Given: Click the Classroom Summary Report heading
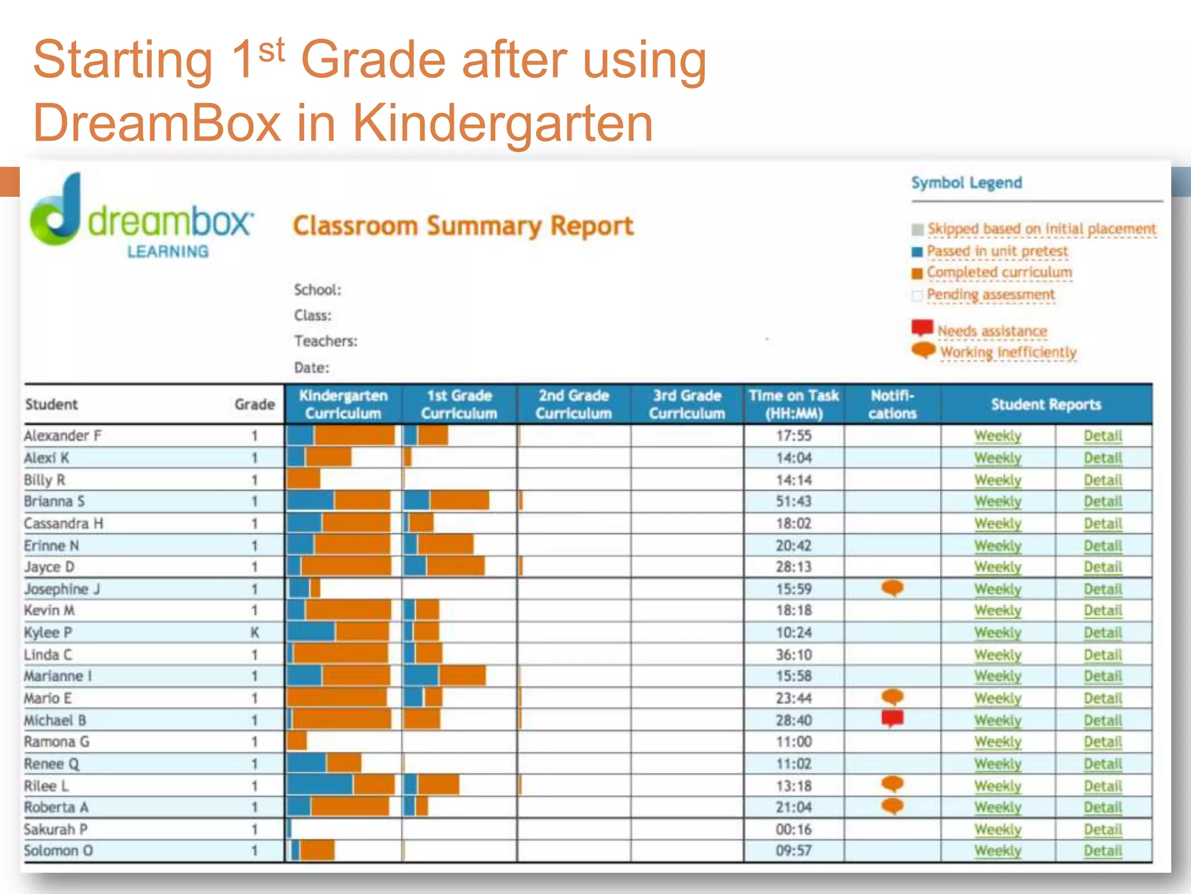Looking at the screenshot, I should (463, 226).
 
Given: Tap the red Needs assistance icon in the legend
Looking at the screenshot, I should (922, 328).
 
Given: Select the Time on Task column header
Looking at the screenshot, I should (793, 404).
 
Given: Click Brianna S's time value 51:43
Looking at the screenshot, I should (793, 501).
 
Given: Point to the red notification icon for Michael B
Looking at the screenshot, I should (892, 718).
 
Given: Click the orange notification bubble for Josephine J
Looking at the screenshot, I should (892, 587).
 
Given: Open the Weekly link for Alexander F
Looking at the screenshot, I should (997, 436).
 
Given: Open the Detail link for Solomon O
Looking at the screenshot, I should (1103, 850).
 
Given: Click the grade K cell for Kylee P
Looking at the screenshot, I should (255, 632).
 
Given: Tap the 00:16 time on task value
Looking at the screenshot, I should (793, 829).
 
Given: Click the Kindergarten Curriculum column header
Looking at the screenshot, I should (343, 404).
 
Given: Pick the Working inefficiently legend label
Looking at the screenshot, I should (1008, 352).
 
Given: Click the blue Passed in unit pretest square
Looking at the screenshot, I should (917, 252).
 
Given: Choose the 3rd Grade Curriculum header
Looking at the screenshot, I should (687, 404).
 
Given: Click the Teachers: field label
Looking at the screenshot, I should (326, 341).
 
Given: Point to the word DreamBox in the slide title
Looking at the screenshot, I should (157, 123).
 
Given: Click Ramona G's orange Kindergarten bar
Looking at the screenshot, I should (297, 741).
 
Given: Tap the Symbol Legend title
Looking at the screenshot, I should (966, 183).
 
